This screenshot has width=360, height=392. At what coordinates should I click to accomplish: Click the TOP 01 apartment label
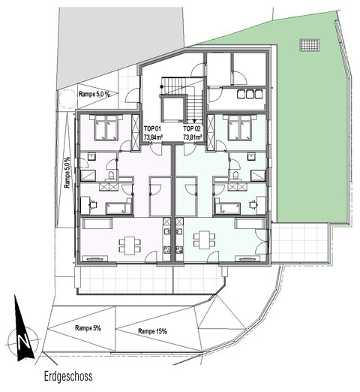[152, 129]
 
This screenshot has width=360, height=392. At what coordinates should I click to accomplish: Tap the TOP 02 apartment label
[192, 129]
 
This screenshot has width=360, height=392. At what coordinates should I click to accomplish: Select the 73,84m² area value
[153, 137]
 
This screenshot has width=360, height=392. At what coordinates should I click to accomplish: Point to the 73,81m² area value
[193, 137]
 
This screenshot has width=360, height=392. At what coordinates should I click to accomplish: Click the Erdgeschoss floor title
[68, 376]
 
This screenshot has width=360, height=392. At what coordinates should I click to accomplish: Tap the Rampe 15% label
[152, 331]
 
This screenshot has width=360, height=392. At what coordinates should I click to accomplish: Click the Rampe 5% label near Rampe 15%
[88, 328]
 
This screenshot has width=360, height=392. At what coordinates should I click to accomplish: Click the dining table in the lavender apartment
[130, 246]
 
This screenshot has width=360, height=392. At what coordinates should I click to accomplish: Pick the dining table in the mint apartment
[204, 240]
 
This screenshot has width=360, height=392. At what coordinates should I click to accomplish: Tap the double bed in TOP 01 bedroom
[106, 127]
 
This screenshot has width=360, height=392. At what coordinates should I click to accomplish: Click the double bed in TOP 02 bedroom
[240, 127]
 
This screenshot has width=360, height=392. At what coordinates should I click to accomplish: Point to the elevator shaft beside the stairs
[173, 108]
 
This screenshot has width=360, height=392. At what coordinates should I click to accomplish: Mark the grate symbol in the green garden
[309, 45]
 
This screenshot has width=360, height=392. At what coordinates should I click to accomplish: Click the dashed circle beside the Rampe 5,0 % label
[67, 99]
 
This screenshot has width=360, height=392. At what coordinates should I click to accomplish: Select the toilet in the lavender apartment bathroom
[111, 175]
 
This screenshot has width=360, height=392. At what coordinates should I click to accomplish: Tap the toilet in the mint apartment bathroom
[235, 175]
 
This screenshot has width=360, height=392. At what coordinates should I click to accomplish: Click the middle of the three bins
[250, 94]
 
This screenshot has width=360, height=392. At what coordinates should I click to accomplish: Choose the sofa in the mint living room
[250, 223]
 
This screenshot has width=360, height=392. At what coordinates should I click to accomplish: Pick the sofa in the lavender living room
[97, 223]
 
